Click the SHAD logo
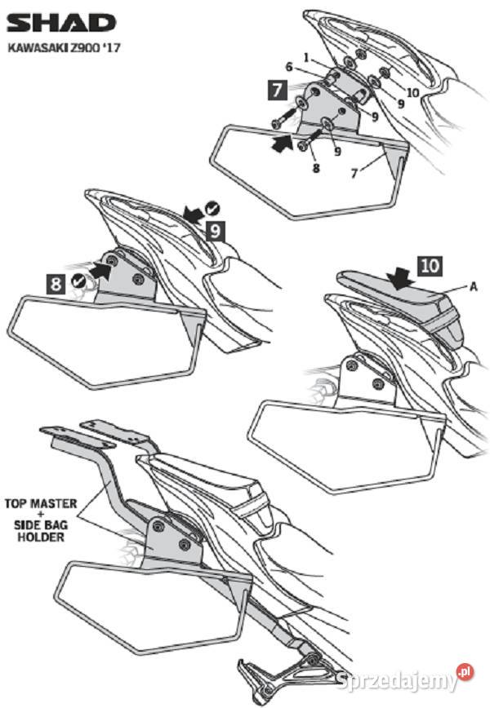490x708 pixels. pyautogui.click(x=62, y=23)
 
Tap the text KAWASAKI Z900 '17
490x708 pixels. pyautogui.click(x=65, y=47)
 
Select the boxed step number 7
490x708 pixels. pyautogui.click(x=278, y=90)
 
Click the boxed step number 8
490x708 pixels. pyautogui.click(x=56, y=284)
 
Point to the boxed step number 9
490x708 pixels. pyautogui.click(x=216, y=231)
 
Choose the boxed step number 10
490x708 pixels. pyautogui.click(x=430, y=267)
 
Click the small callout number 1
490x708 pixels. pyautogui.click(x=306, y=58)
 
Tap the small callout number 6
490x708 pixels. pyautogui.click(x=289, y=67)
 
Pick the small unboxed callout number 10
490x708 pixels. pyautogui.click(x=413, y=92)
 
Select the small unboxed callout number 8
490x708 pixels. pyautogui.click(x=316, y=168)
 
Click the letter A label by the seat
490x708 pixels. pyautogui.click(x=474, y=286)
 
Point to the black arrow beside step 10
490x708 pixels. pyautogui.click(x=399, y=278)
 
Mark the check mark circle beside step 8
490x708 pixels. pyautogui.click(x=78, y=281)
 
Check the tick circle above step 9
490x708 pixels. pyautogui.click(x=212, y=208)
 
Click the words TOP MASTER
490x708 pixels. pyautogui.click(x=41, y=503)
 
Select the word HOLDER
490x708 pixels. pyautogui.click(x=41, y=537)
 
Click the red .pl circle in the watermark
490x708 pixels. pyautogui.click(x=465, y=672)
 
